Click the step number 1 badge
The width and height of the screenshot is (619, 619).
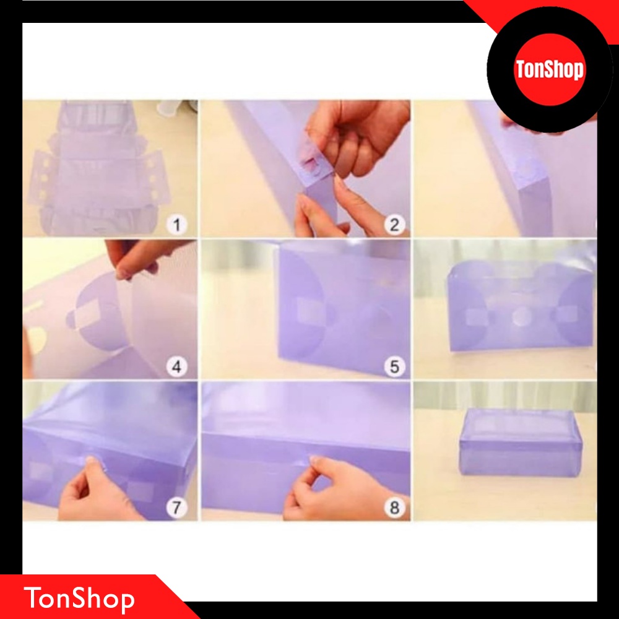coord(176,225)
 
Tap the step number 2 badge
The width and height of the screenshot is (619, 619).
coord(394,225)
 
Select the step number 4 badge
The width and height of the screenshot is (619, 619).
coord(176,366)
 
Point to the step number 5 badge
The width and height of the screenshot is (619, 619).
coord(394,366)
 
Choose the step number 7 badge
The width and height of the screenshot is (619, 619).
coord(176,508)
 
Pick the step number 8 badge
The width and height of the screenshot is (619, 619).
coord(394,508)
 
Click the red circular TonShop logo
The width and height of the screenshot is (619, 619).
coord(550,70)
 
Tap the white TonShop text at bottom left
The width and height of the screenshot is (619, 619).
coord(79,599)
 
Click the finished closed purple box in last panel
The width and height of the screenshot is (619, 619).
coord(521,442)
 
